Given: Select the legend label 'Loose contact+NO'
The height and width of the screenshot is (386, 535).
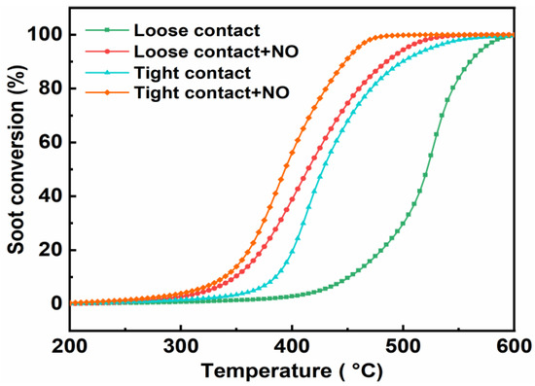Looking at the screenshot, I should (191, 47).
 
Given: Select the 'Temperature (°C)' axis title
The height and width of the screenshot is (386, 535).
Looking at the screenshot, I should (292, 371).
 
